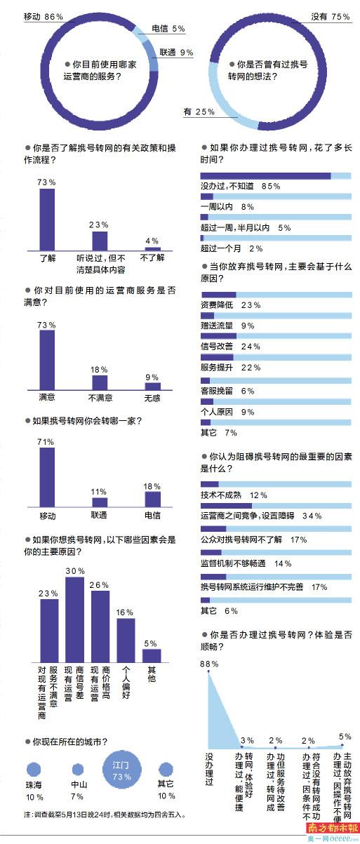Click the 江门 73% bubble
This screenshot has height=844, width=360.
[x=122, y=770]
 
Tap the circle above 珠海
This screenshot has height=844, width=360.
[x=34, y=770]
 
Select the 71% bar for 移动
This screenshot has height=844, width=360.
[x=47, y=477]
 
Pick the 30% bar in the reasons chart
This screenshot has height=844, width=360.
[x=74, y=619]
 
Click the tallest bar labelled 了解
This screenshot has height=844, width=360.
[x=47, y=220]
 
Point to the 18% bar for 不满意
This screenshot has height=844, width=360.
[x=100, y=382]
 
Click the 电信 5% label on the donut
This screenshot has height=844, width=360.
[x=168, y=29]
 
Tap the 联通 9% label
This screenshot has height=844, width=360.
[x=176, y=53]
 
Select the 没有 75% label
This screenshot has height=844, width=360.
[x=331, y=17]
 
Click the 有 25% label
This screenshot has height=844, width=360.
[x=199, y=112]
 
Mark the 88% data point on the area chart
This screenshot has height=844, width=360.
[x=208, y=671]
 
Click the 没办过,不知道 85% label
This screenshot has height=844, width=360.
[x=240, y=186]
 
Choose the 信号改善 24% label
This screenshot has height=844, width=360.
[x=230, y=347]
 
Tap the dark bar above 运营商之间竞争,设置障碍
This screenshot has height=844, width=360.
[x=226, y=506]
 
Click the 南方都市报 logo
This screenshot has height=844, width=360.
[x=333, y=827]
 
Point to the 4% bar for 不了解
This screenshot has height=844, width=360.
[x=153, y=248]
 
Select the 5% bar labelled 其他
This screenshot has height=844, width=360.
[x=152, y=655]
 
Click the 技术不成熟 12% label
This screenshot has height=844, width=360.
[x=234, y=495]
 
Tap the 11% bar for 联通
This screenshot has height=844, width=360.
[x=100, y=502]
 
